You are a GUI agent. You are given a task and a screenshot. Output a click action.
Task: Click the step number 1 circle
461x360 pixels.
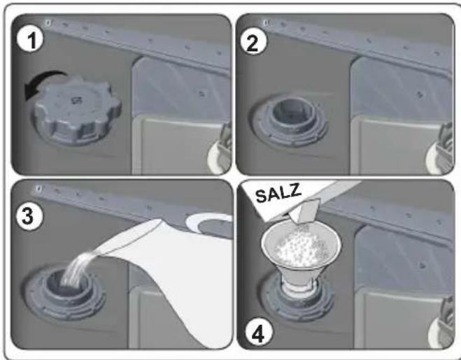click(x=30, y=40)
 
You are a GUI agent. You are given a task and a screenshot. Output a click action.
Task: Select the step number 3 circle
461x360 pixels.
click(x=29, y=217)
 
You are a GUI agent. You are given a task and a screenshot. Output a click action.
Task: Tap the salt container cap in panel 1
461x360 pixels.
click(x=77, y=111)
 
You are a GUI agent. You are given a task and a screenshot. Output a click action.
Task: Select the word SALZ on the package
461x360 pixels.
click(x=278, y=193)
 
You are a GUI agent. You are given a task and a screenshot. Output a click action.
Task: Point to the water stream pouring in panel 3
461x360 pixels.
click(x=83, y=266)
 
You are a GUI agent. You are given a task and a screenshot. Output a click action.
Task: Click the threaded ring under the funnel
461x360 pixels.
click(x=299, y=300)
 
